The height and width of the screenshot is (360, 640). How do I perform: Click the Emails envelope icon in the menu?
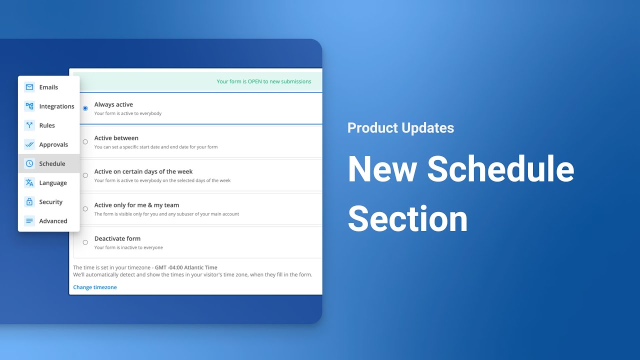29,87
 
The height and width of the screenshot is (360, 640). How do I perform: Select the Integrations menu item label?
56,106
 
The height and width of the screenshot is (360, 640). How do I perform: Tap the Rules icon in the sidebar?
29,125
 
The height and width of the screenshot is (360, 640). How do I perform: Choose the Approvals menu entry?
53,144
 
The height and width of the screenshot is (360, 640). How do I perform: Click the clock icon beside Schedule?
29,163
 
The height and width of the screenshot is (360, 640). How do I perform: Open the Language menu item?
53,183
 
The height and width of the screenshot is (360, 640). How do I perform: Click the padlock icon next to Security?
29,202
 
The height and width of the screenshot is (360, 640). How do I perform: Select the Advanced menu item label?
53,221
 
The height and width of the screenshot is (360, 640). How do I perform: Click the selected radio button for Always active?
85,108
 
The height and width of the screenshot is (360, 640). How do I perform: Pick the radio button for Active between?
85,142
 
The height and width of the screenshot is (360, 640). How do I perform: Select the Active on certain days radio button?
85,175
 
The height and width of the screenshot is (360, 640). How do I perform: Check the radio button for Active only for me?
85,209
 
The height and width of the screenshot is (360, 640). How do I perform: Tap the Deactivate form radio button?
85,242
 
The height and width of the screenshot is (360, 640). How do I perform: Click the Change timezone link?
95,287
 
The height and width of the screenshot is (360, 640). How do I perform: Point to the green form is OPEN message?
263,81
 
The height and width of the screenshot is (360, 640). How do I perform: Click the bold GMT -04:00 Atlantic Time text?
186,267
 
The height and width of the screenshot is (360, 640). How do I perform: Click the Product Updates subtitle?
400,128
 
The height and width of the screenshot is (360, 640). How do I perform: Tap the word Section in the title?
407,219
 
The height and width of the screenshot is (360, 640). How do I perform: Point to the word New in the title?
382,169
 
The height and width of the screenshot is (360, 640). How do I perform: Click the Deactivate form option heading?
117,238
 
